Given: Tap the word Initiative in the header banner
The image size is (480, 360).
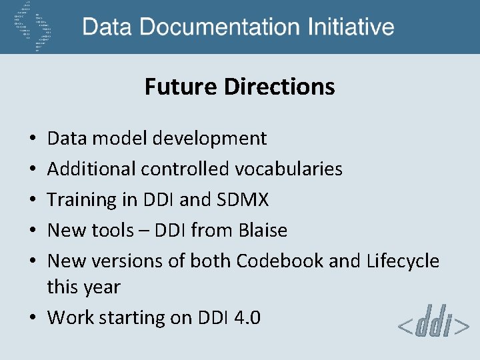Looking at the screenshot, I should [351, 27].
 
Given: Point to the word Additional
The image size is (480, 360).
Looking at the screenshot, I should [91, 169].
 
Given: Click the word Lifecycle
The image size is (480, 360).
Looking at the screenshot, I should [403, 261].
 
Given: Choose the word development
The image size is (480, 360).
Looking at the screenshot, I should [209, 138].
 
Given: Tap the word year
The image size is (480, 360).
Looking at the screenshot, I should [102, 288].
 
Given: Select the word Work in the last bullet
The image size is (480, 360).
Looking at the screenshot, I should [71, 317].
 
